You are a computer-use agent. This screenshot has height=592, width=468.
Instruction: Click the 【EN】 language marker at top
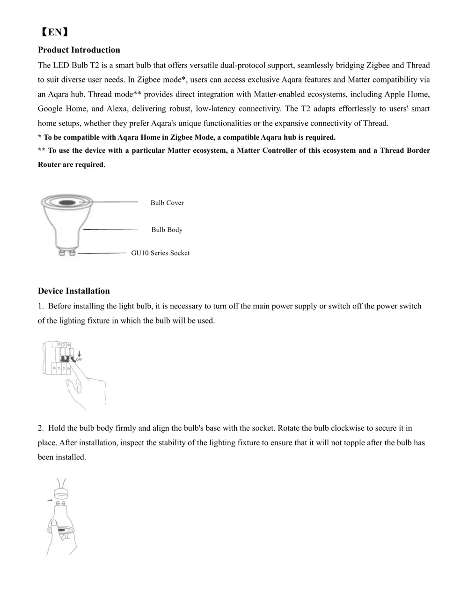click(54, 32)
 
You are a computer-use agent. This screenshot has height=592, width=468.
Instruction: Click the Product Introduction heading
click(79, 50)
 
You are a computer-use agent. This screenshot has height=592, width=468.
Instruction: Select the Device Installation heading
click(73, 291)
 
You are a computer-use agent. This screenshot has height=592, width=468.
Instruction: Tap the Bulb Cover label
click(167, 203)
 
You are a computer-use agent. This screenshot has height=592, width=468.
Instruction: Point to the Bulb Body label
click(167, 230)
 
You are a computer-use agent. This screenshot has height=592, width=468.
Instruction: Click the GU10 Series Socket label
click(160, 253)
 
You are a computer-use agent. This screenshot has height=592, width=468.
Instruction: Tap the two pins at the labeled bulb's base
click(66, 253)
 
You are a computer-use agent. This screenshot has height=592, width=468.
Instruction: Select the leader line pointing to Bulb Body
click(110, 229)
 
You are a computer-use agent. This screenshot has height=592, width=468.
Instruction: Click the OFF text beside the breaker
click(79, 360)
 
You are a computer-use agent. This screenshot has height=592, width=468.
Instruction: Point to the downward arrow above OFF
click(79, 353)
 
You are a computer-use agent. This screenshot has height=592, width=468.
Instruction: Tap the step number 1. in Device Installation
click(41, 306)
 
